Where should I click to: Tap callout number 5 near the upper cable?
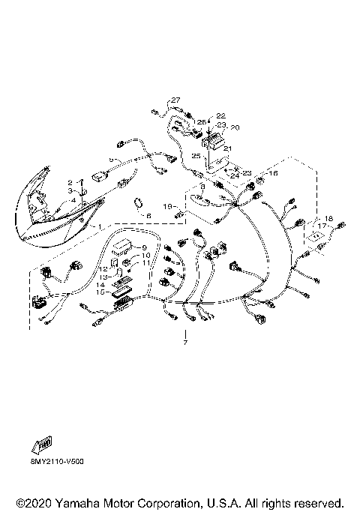(x=111, y=160)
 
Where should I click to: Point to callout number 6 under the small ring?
(x=148, y=216)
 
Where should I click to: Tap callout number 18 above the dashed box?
(x=326, y=219)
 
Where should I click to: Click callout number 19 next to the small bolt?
(x=169, y=205)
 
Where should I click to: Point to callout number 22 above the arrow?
(x=221, y=115)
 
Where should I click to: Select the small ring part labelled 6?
(x=139, y=202)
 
